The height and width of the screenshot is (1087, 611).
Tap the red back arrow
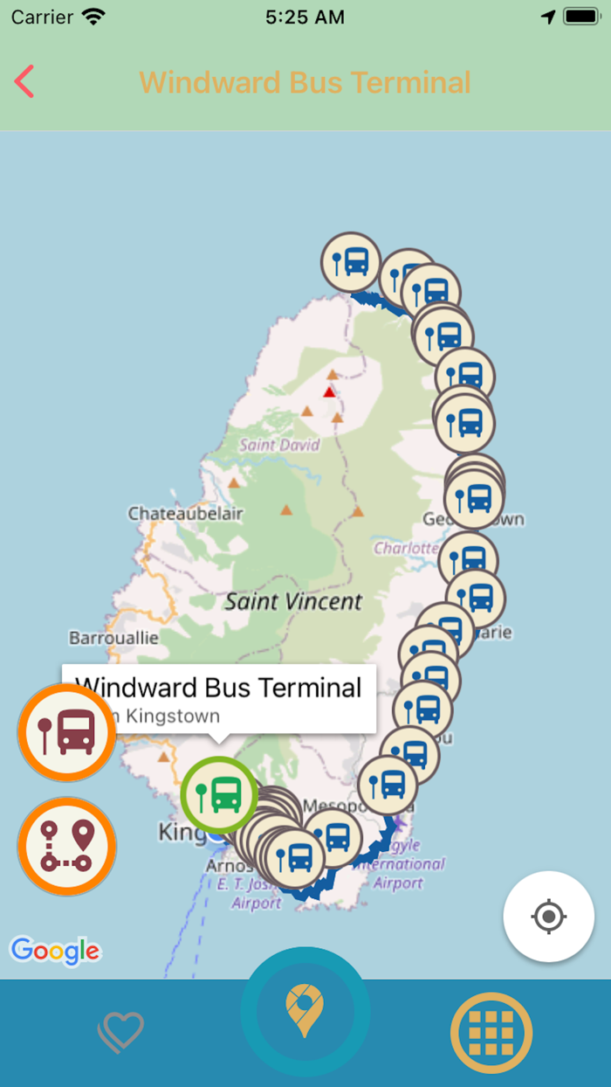[x=24, y=81]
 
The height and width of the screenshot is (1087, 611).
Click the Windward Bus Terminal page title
[x=305, y=82]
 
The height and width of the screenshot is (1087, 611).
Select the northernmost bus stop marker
[x=351, y=260]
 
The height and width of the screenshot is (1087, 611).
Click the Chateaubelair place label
[x=185, y=514]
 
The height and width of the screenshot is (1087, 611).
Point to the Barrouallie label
[x=113, y=638]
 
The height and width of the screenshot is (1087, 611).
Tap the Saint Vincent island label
[x=293, y=601]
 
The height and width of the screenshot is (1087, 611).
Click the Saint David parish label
[x=279, y=445]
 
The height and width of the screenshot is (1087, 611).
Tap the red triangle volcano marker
[x=329, y=391]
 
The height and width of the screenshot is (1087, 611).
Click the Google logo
[x=55, y=950]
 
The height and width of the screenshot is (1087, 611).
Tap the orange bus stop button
[x=66, y=732]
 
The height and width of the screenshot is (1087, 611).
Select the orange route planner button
[x=66, y=846]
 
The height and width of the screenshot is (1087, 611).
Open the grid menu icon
[x=491, y=1033]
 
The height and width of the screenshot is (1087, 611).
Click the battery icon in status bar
[x=580, y=17]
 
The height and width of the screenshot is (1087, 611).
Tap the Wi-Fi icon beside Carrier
[x=93, y=17]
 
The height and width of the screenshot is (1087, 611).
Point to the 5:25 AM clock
[x=305, y=17]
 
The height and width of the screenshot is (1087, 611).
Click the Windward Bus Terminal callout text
[x=218, y=688]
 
